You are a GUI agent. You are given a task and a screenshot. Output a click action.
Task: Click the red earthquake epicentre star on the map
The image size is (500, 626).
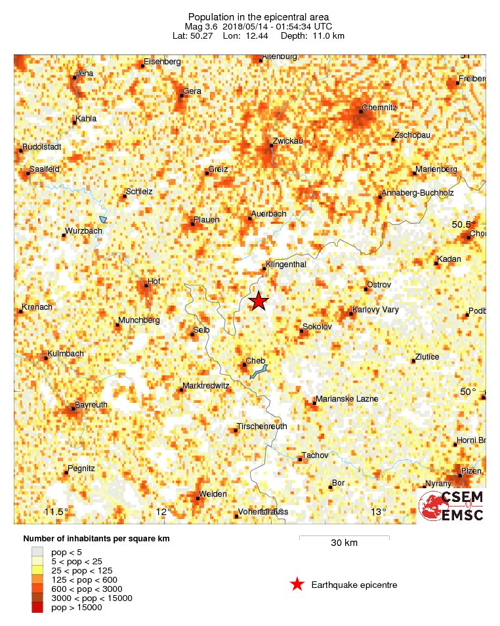coord(259,301)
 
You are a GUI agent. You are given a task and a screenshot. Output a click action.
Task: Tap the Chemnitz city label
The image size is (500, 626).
coord(380,107)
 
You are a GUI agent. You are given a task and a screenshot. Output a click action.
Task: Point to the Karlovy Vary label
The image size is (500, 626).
coord(375,309)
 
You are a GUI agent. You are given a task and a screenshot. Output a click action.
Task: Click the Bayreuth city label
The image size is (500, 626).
coord(91,405)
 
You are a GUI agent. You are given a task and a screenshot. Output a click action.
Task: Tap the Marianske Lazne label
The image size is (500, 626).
coord(346,399)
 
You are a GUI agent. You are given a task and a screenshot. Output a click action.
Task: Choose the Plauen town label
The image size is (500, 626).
coord(206,219)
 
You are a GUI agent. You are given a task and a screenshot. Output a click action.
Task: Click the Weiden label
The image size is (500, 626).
coord(213,493)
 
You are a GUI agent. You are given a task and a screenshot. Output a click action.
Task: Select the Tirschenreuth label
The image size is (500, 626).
coord(262,426)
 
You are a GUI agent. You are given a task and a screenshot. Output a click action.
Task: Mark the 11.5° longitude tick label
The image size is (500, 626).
coord(56,512)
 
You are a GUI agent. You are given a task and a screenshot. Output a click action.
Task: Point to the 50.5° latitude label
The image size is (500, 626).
coord(463,224)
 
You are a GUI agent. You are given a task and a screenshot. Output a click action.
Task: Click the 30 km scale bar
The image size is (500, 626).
coord(344,537)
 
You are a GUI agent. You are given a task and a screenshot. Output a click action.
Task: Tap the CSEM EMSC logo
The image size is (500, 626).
coord(451,506)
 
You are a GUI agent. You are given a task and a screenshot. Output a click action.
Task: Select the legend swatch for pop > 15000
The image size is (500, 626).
coord(37,608)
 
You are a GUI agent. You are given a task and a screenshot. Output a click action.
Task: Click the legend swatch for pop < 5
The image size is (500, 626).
coord(37,552)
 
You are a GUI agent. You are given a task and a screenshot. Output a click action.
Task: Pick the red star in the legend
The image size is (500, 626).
coord(297,585)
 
